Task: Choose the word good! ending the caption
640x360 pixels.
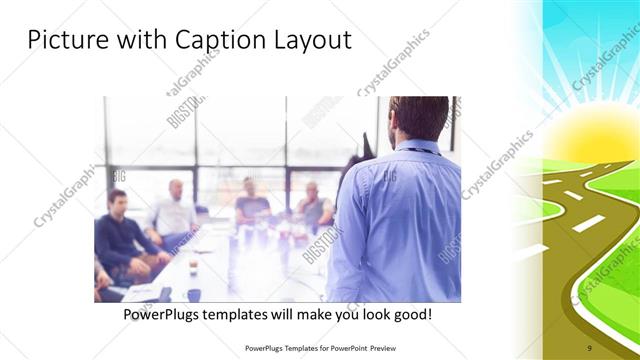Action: tap(411, 315)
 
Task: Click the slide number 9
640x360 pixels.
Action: tap(589, 347)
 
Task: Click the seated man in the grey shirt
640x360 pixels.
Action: tap(313, 204)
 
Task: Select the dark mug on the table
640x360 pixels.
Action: tap(193, 294)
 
